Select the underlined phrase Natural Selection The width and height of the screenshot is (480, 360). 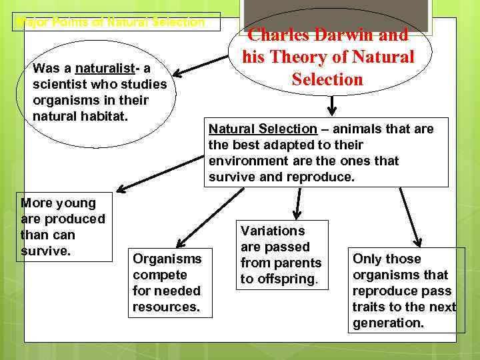(x=263, y=129)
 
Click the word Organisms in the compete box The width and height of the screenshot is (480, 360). (x=167, y=259)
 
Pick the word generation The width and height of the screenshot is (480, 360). (x=388, y=323)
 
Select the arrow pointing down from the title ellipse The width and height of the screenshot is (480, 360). (x=331, y=105)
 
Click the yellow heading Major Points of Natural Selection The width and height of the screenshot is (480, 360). (x=110, y=22)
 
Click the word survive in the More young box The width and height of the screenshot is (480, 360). (x=46, y=251)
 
